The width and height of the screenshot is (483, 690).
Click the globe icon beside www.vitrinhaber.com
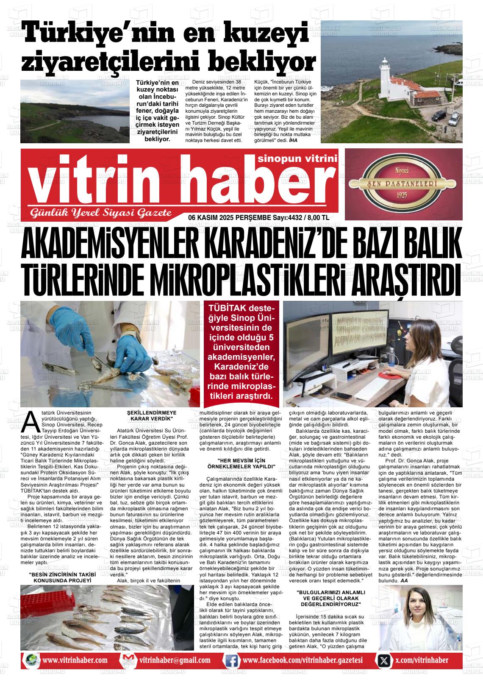click(x=31, y=660)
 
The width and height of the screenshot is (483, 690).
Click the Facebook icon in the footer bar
click(x=231, y=660)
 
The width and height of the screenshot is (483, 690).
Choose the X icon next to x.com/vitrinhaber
click(x=384, y=660)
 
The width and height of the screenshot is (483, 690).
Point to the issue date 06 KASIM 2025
click(x=214, y=217)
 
